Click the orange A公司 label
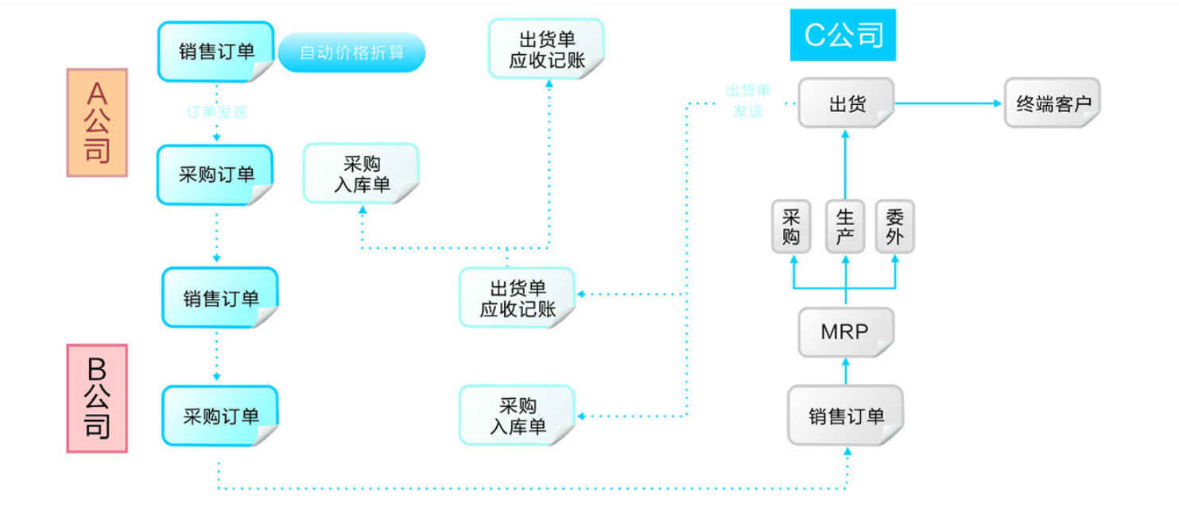pyautogui.click(x=97, y=122)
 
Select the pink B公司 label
pyautogui.click(x=97, y=398)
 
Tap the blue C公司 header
pyautogui.click(x=843, y=36)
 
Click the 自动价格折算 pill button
pyautogui.click(x=351, y=53)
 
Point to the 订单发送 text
pyautogui.click(x=216, y=112)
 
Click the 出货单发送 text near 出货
pyautogui.click(x=747, y=101)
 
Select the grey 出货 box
pyautogui.click(x=846, y=103)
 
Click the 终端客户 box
pyautogui.click(x=1052, y=103)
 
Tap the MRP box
pyautogui.click(x=845, y=332)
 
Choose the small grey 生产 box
pyautogui.click(x=844, y=227)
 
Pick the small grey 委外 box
pyautogui.click(x=895, y=227)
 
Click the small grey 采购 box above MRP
pyautogui.click(x=791, y=227)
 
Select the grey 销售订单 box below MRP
pyautogui.click(x=845, y=416)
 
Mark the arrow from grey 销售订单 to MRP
pyautogui.click(x=845, y=370)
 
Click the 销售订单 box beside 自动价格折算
pyautogui.click(x=216, y=52)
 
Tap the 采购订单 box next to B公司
pyautogui.click(x=220, y=416)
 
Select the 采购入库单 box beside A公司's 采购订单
pyautogui.click(x=361, y=173)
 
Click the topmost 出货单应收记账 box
pyautogui.click(x=546, y=48)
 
